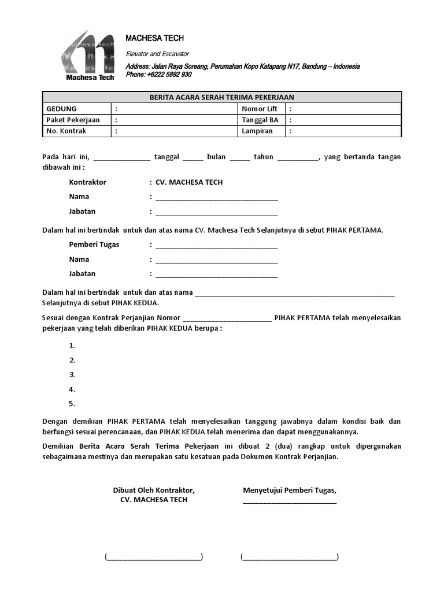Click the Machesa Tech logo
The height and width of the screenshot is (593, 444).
(88, 56)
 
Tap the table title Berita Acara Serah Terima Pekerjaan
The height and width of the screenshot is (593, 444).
(222, 97)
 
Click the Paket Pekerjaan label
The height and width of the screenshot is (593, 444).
(73, 120)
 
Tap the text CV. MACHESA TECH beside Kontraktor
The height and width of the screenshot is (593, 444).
(189, 182)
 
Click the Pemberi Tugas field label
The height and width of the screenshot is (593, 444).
(94, 244)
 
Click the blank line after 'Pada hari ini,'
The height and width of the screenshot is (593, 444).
(121, 158)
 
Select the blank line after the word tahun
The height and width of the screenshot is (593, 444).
(298, 158)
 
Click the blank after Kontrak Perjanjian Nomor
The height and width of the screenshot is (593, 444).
(227, 318)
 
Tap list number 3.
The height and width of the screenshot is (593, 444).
(72, 375)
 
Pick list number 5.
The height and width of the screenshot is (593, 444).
(72, 404)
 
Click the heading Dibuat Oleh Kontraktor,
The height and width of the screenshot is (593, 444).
(154, 490)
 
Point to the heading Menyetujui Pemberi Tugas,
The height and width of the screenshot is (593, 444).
(290, 490)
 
